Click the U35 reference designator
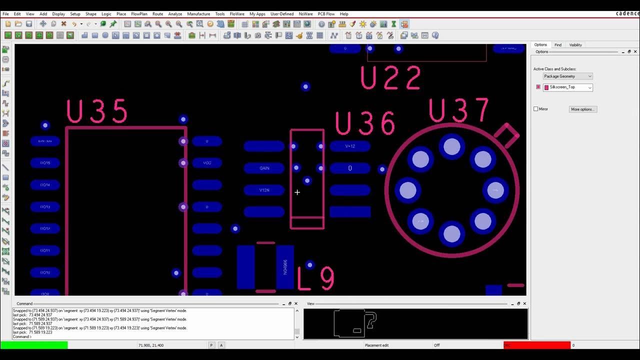click(x=97, y=111)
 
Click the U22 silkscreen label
click(x=391, y=78)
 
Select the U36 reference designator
click(x=365, y=123)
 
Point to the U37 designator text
click(x=458, y=111)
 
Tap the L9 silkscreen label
click(x=316, y=278)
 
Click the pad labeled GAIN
click(x=264, y=168)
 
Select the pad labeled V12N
click(x=264, y=190)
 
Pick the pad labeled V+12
click(x=350, y=146)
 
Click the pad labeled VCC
click(x=207, y=163)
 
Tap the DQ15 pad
click(x=45, y=163)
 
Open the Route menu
click(x=157, y=14)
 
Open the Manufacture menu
click(x=198, y=14)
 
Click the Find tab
click(x=558, y=45)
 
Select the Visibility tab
click(x=575, y=45)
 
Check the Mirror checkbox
click(x=536, y=109)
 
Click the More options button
click(x=582, y=109)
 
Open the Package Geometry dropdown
click(x=567, y=76)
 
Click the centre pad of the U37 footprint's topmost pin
click(x=452, y=146)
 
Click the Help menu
click(x=344, y=14)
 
